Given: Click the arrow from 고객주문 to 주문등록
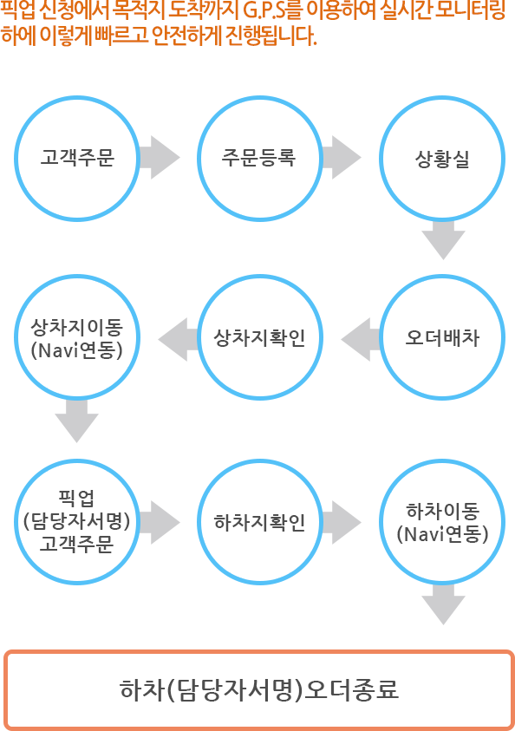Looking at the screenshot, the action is point(160,158).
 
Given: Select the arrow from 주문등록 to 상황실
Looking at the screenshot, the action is point(342,158).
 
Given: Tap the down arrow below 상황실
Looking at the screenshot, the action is point(443,239).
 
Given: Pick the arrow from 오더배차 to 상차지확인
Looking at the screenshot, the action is point(362,339).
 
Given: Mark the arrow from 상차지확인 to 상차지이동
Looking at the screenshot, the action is point(179,339).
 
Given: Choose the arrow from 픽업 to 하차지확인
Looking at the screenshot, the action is point(160,523).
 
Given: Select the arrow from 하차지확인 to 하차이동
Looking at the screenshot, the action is point(342,523).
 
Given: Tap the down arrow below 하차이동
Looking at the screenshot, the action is point(443,604).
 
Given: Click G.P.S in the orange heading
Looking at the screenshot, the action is point(264,11).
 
